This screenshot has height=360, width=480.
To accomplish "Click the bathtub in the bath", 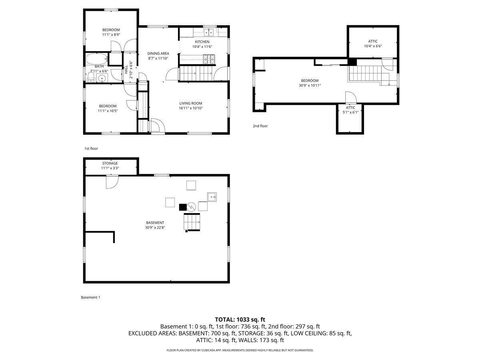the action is coord(97,59).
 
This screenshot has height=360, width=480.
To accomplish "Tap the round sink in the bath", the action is coord(102,78).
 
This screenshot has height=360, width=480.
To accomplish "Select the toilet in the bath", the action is coord(90,77).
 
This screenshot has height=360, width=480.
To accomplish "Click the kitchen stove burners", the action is coord(209,59).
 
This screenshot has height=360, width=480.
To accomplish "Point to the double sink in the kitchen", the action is coord(209,32).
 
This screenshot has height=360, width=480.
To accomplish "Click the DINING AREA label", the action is coord(158,53).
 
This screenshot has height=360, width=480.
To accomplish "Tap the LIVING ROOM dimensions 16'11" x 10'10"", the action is coord(191,108).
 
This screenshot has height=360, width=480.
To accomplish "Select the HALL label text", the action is coord(126,70).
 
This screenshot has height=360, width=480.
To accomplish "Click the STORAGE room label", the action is coord(110,163).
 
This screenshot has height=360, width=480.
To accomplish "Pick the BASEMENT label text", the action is coord(155,222).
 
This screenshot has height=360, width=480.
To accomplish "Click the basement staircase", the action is coord(192,222).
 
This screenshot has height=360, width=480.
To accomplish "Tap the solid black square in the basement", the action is coord(183,207).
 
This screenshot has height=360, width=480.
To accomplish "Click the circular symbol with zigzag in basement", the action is coord(191,207).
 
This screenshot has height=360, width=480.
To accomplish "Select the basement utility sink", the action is coord(212,197).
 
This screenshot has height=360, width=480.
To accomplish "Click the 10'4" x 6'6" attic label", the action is coord(373,46).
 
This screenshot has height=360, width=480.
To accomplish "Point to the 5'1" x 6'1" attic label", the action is coord(350,112).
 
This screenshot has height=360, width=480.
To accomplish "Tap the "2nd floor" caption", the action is coord(260,126).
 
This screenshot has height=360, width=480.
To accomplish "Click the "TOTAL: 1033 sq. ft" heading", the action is coord(240,320).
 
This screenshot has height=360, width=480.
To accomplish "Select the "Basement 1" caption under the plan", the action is coord(90,297).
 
